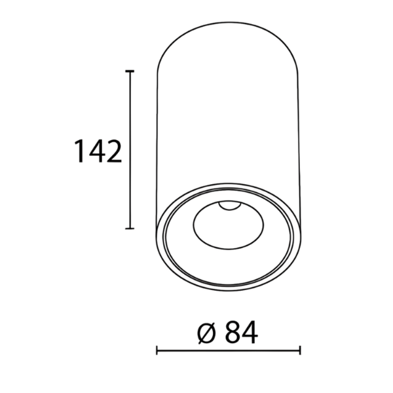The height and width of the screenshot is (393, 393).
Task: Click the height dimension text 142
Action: (x=98, y=151)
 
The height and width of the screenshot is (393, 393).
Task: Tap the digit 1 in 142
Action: (x=80, y=151)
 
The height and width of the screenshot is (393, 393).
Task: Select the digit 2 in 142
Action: (x=114, y=151)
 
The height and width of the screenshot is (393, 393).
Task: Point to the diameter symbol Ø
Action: (x=207, y=331)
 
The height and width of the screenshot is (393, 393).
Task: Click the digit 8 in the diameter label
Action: (x=232, y=331)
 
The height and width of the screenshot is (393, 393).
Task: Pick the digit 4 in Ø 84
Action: (x=249, y=331)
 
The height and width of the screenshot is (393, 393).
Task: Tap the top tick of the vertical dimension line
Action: (x=130, y=71)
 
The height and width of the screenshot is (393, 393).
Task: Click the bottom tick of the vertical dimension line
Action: (x=130, y=229)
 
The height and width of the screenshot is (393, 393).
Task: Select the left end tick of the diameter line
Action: (x=157, y=350)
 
